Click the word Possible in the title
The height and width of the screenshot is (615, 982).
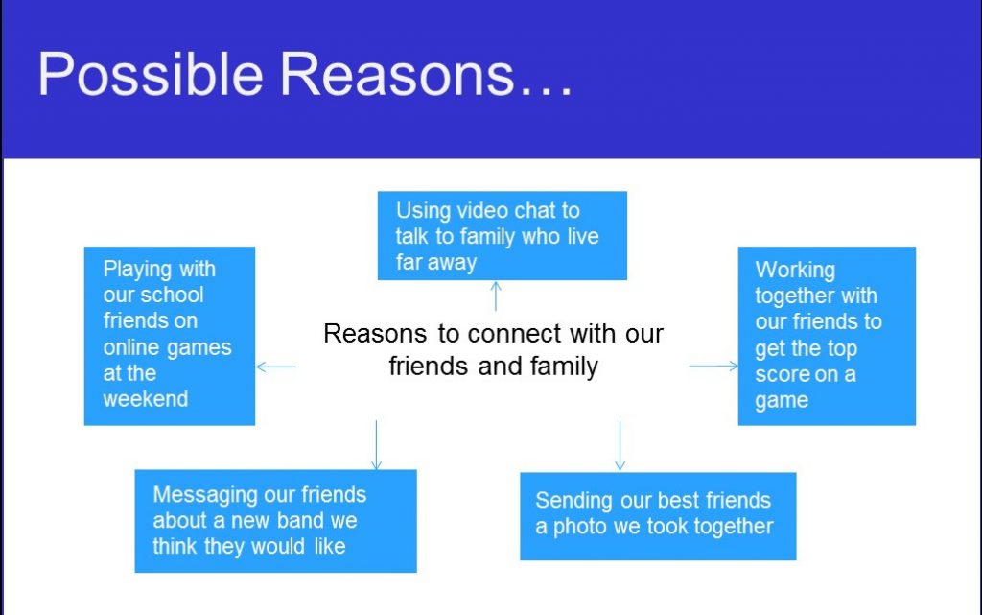[x=151, y=75]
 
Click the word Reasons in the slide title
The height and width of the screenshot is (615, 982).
[x=396, y=74]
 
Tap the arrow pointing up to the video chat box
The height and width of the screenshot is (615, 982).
[x=496, y=296]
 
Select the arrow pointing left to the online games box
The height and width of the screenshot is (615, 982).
[x=276, y=367]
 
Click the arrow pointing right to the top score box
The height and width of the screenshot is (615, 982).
[x=713, y=366]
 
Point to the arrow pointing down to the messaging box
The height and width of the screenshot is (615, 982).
[x=376, y=445]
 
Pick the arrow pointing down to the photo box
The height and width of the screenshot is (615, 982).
[x=620, y=445]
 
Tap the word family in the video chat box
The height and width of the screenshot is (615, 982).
[x=487, y=237]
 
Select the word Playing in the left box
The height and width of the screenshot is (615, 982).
[x=138, y=270]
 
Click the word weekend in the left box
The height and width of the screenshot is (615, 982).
[x=146, y=399]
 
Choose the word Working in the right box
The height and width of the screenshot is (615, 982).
[x=795, y=271]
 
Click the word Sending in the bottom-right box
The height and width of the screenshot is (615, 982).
[x=573, y=501]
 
